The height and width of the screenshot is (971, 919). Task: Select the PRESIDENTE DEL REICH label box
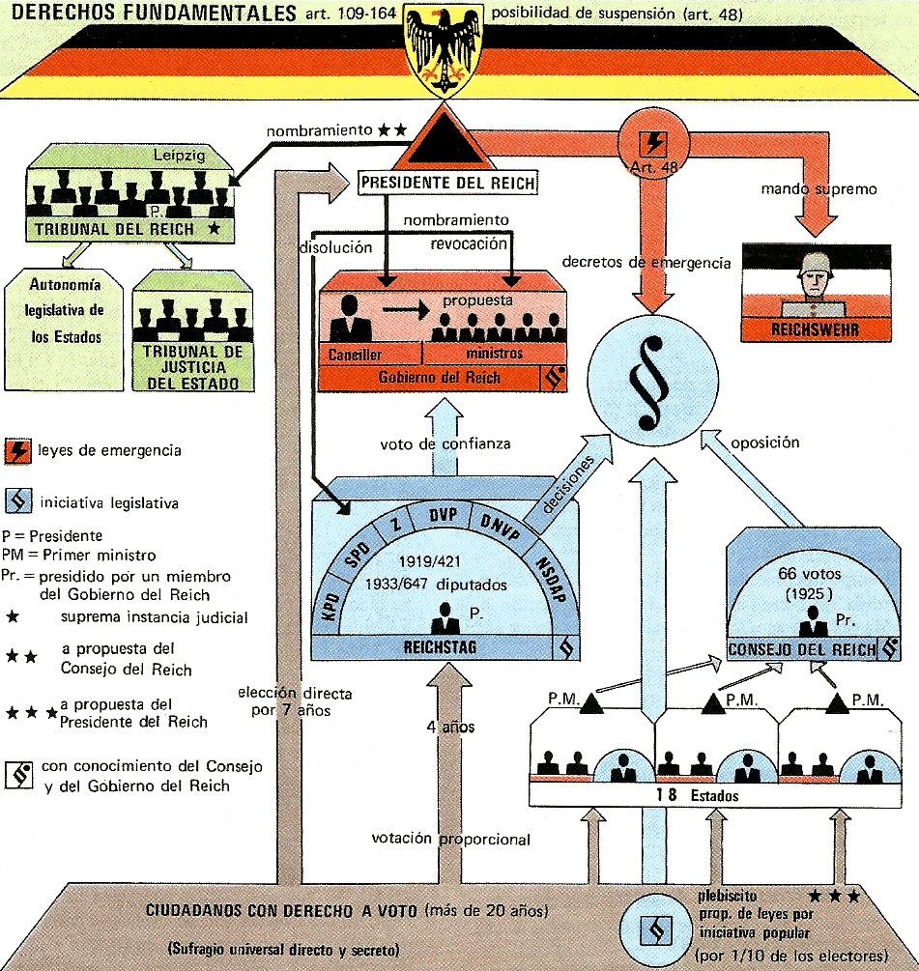[x=446, y=182]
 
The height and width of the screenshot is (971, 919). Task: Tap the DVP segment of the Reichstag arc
[x=444, y=514]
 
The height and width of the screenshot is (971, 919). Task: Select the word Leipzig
[x=181, y=155]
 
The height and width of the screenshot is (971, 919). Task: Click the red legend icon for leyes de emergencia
[x=18, y=451]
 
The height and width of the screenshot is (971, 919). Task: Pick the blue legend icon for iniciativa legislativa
[x=18, y=502]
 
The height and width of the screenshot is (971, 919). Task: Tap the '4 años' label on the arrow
[x=449, y=727]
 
